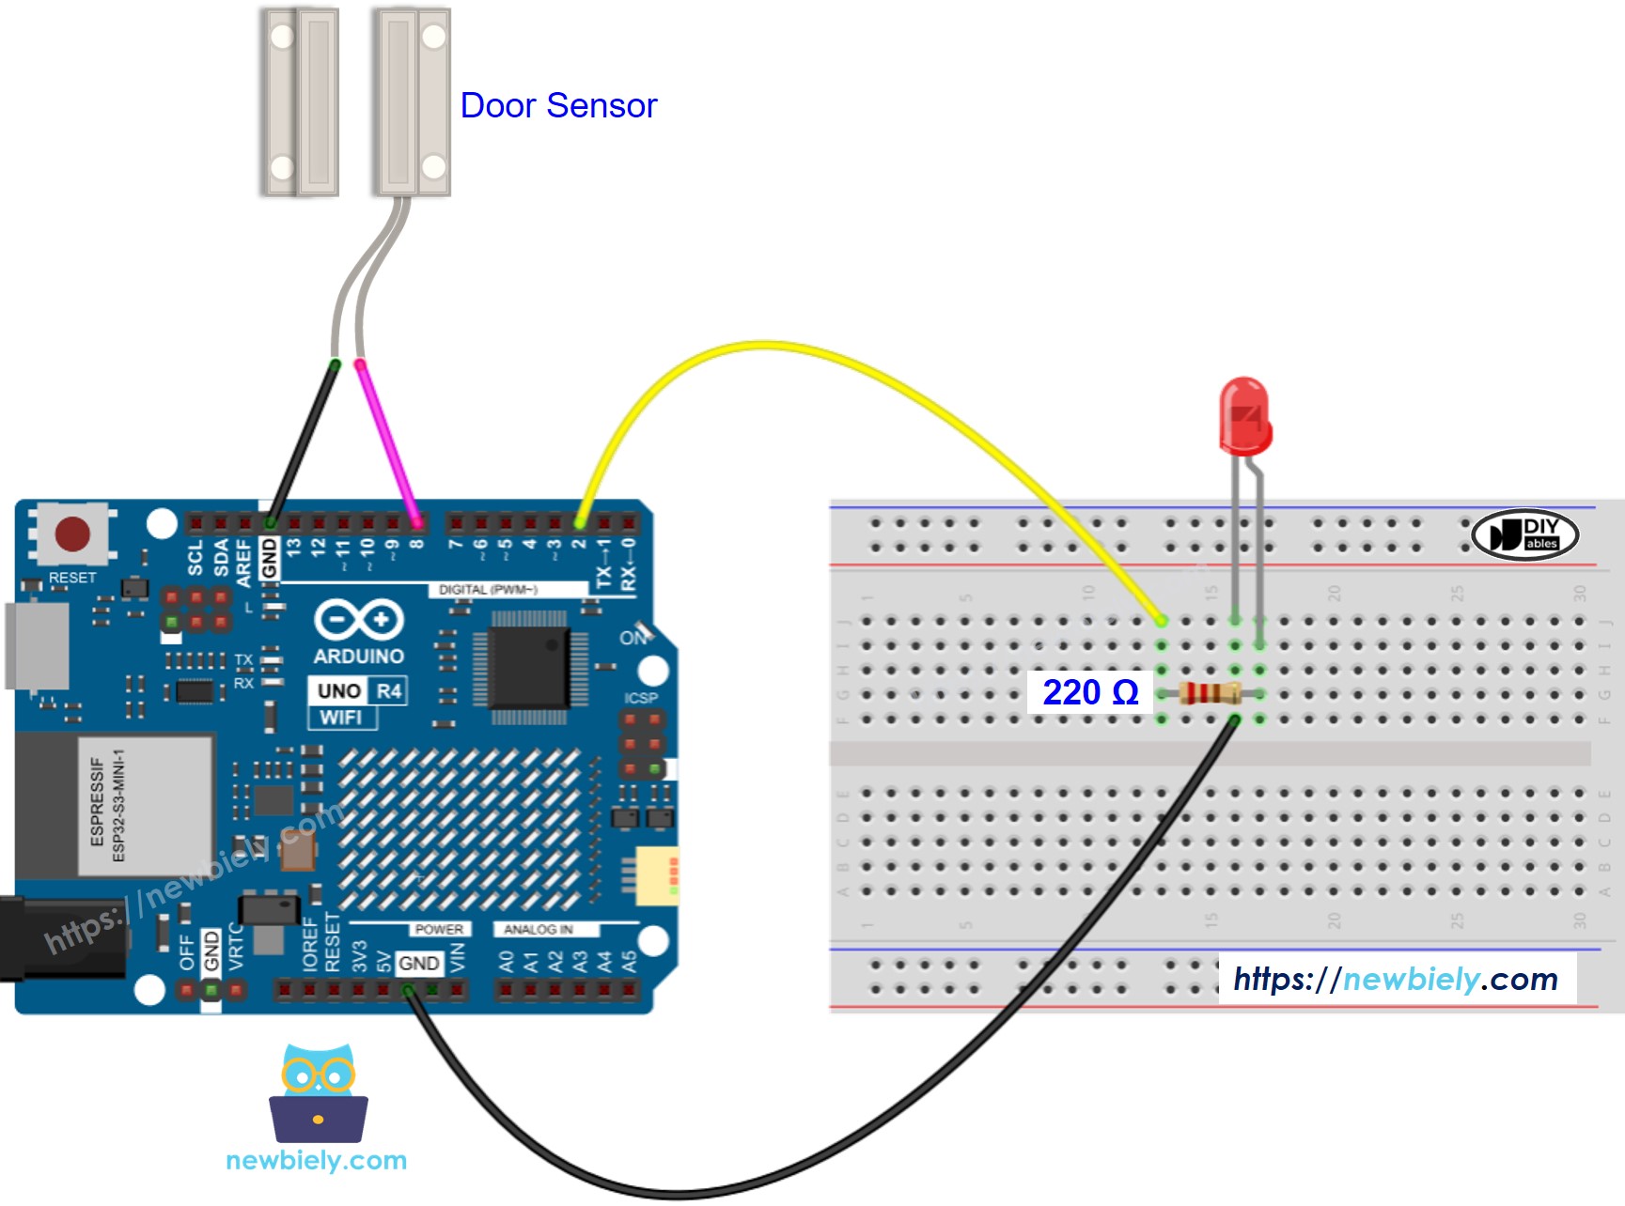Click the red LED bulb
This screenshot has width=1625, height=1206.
tap(1244, 416)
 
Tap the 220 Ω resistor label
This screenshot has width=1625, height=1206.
tap(1090, 693)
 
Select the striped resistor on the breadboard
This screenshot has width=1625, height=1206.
tap(1210, 694)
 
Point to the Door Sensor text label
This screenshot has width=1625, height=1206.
tap(558, 106)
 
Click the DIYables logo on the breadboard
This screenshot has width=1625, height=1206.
tap(1523, 535)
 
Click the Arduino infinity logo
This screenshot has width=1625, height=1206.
tap(358, 620)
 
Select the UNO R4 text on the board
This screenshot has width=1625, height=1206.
tap(358, 691)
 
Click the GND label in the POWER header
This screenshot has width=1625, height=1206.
tap(418, 964)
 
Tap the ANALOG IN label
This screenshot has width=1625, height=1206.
tap(538, 930)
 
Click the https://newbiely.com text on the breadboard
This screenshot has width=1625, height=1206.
tap(1396, 980)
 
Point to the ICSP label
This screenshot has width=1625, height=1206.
tap(641, 698)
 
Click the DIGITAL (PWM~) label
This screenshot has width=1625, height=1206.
tap(488, 590)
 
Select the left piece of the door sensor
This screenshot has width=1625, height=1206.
tap(300, 101)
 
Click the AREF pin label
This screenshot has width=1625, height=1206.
tap(243, 562)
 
